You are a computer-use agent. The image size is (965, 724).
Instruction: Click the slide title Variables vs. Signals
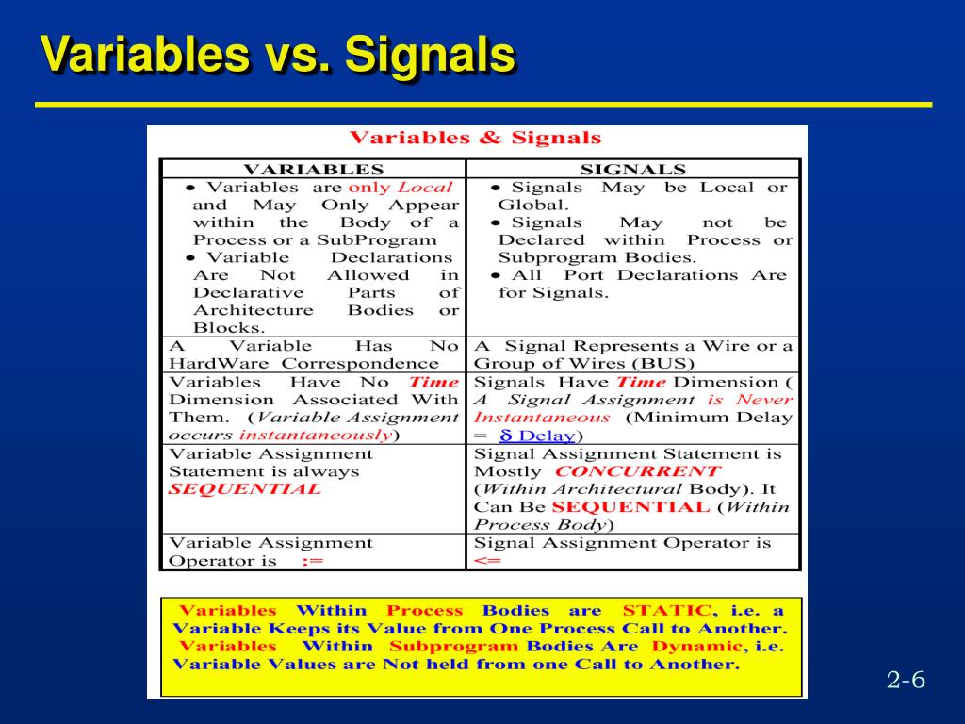click(x=278, y=55)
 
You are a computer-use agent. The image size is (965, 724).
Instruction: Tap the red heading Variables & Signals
click(x=475, y=138)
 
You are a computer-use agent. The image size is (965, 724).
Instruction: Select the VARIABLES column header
click(x=314, y=170)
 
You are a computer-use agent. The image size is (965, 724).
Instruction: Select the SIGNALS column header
click(x=632, y=170)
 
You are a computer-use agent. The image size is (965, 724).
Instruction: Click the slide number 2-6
click(x=906, y=680)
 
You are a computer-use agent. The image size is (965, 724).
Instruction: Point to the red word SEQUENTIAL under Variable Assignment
click(x=244, y=488)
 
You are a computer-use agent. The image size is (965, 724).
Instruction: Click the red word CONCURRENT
click(x=636, y=470)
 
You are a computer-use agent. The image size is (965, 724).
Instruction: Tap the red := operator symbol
click(x=312, y=560)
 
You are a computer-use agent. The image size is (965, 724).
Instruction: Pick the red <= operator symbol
click(x=487, y=560)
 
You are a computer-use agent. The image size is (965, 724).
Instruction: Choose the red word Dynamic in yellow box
click(x=696, y=646)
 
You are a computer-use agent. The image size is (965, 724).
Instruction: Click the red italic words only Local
click(x=400, y=187)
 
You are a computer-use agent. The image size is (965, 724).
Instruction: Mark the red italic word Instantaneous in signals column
click(x=541, y=417)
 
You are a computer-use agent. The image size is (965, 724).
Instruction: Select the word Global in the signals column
click(x=531, y=205)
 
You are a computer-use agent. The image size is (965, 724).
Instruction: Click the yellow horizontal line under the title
click(x=482, y=105)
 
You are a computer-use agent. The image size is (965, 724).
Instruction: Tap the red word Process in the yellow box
click(x=425, y=610)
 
